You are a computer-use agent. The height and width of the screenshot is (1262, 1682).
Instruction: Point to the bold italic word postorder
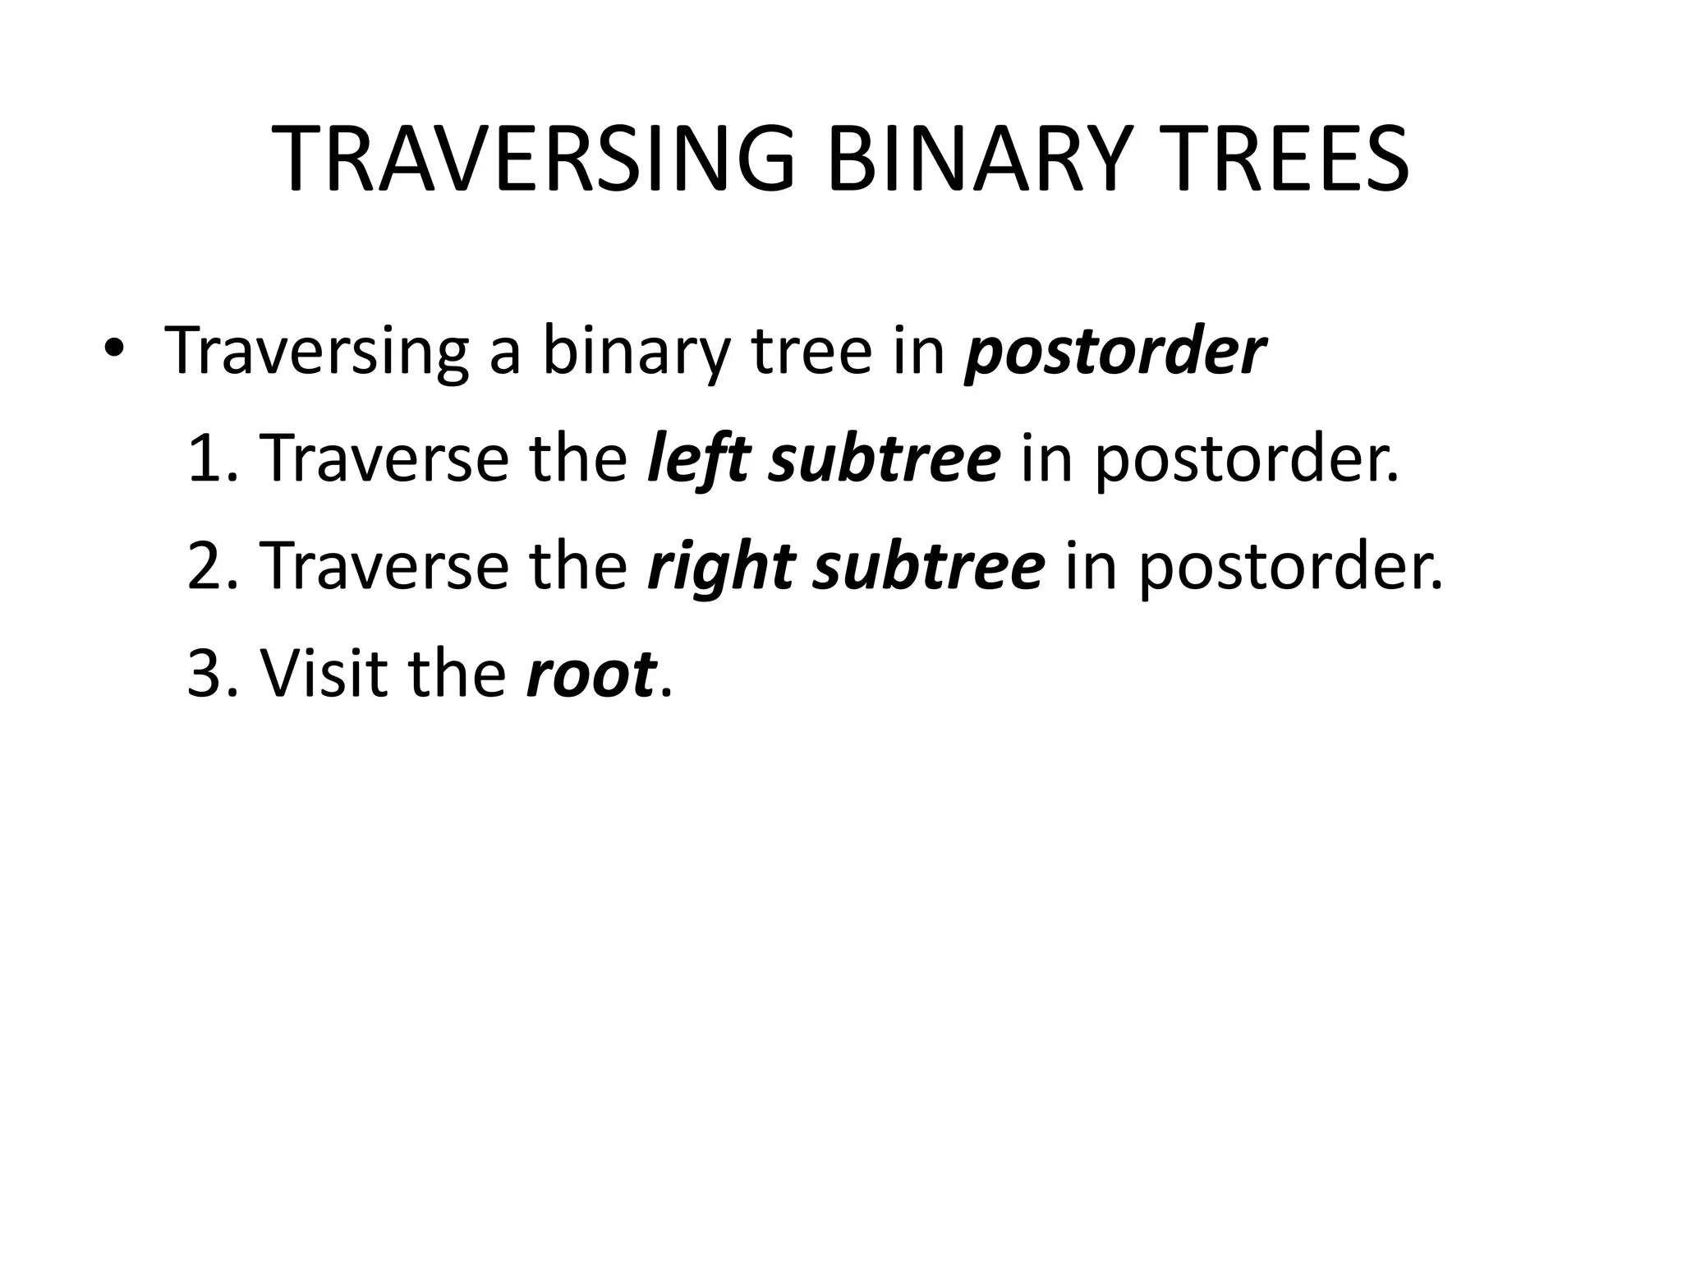[x=1114, y=352]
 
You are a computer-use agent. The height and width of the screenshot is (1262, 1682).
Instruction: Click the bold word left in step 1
[x=698, y=458]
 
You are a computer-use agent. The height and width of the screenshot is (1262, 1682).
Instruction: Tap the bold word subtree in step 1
[x=885, y=458]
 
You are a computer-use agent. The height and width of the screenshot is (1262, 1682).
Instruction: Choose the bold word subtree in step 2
[x=929, y=566]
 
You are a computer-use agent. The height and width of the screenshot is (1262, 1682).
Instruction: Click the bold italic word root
[x=591, y=674]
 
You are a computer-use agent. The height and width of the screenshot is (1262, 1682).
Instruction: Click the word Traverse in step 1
[x=384, y=458]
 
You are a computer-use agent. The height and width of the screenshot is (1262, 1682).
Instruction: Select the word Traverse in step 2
[x=384, y=566]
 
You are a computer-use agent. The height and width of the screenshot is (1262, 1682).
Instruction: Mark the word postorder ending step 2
[x=1289, y=568]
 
